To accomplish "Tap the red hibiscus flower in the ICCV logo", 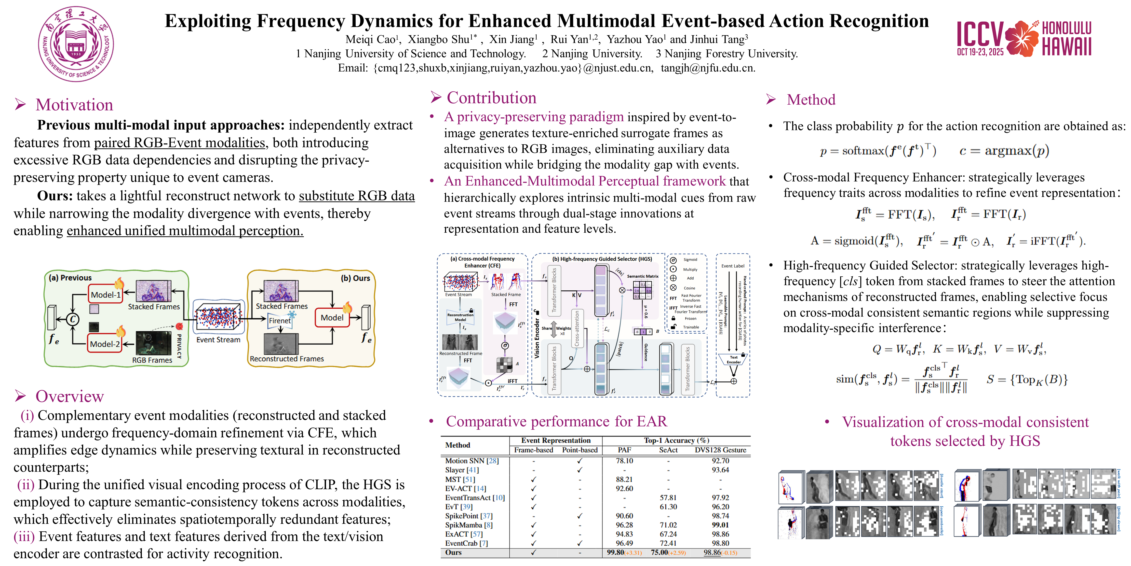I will [1022, 39].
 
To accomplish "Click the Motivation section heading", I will [74, 105].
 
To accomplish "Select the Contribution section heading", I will [491, 98].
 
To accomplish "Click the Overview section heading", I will [69, 396].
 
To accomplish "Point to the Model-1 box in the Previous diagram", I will [105, 295].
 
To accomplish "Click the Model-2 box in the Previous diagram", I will [105, 344].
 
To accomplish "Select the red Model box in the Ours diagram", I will [332, 318].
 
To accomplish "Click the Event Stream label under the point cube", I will [218, 340].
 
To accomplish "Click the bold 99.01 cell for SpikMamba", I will [720, 525].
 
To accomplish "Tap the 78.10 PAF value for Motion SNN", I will [624, 461].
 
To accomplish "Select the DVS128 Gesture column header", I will [720, 450].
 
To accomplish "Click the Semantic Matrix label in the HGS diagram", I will [642, 276].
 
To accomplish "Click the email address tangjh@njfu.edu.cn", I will [708, 68].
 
